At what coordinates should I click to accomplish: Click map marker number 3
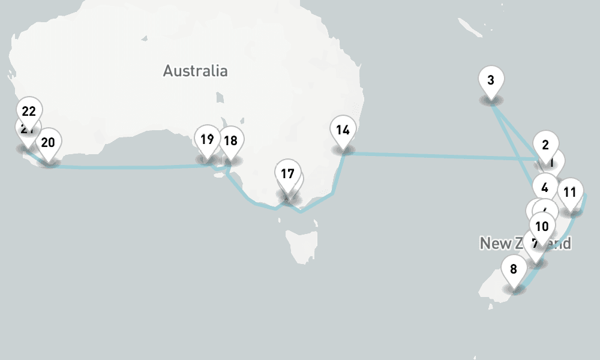tap(491, 80)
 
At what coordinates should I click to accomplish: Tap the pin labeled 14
tap(343, 130)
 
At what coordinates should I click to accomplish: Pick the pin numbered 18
tap(230, 141)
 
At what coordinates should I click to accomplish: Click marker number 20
tap(48, 143)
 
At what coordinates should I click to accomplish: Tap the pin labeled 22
tap(28, 111)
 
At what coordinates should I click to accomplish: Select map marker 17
tap(287, 174)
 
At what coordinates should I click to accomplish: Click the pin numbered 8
tap(514, 269)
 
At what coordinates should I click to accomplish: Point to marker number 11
tap(570, 193)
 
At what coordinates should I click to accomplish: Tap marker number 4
tap(544, 187)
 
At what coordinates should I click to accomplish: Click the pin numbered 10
tap(542, 227)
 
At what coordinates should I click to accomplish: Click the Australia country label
tap(195, 71)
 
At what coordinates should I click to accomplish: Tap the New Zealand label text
tap(498, 243)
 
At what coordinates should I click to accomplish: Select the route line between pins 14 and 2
tap(438, 156)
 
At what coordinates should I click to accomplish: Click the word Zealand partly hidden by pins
tap(561, 244)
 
